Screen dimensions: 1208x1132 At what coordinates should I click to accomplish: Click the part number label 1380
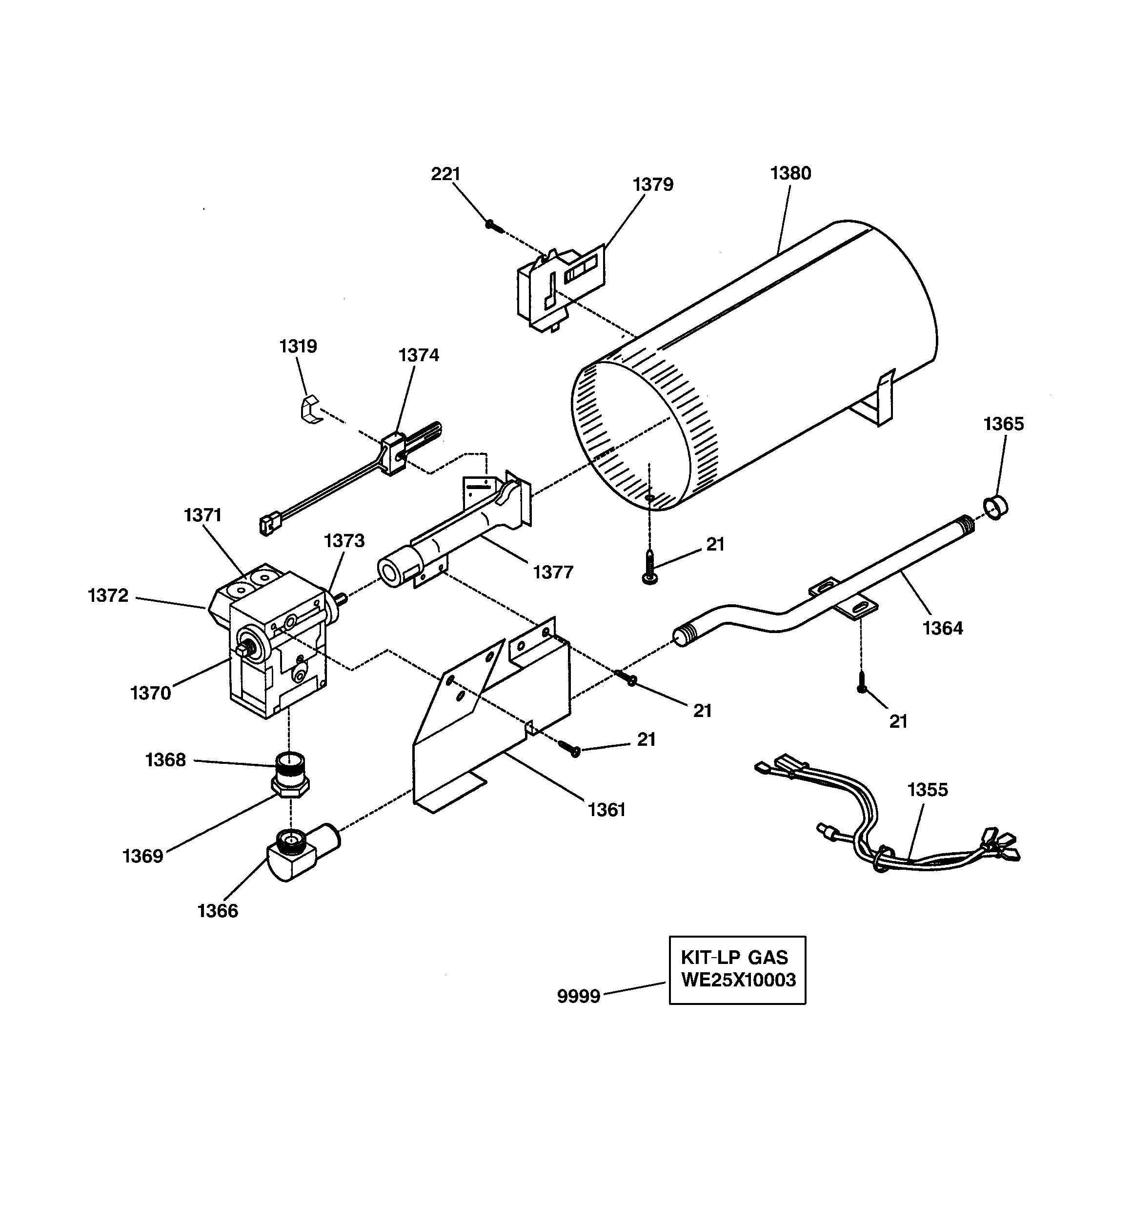(790, 174)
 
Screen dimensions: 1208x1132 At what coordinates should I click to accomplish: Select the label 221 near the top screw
(445, 174)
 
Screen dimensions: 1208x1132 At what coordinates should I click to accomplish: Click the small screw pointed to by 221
(493, 226)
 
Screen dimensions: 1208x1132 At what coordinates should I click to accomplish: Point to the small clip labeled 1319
(311, 409)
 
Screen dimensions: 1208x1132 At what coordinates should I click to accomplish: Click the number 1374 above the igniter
(418, 355)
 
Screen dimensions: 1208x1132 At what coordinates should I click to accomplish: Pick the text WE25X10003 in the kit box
(738, 981)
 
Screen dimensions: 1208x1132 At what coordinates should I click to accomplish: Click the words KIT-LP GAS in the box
(734, 958)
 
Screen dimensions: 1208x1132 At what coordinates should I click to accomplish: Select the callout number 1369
(143, 856)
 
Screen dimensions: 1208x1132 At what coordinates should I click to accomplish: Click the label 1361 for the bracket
(606, 810)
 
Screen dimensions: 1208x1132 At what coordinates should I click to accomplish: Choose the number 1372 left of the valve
(108, 596)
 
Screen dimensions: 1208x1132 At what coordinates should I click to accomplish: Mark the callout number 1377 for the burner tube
(553, 573)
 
